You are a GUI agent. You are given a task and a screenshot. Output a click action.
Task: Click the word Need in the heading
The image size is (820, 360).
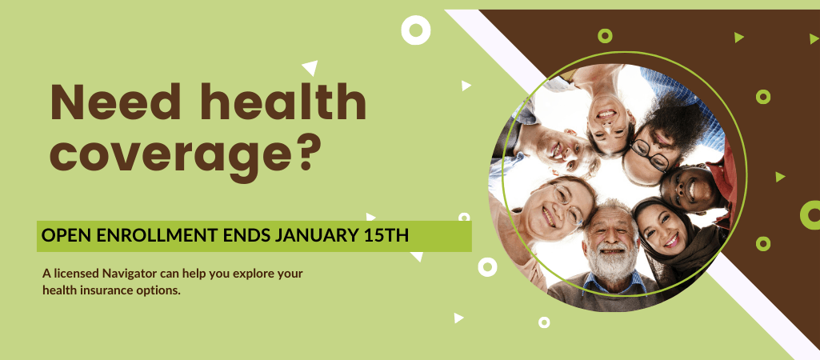115,102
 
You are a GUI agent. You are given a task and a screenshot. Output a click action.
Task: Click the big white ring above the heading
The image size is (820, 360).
416,30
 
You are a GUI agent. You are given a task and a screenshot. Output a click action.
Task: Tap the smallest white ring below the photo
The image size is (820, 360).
544,322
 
